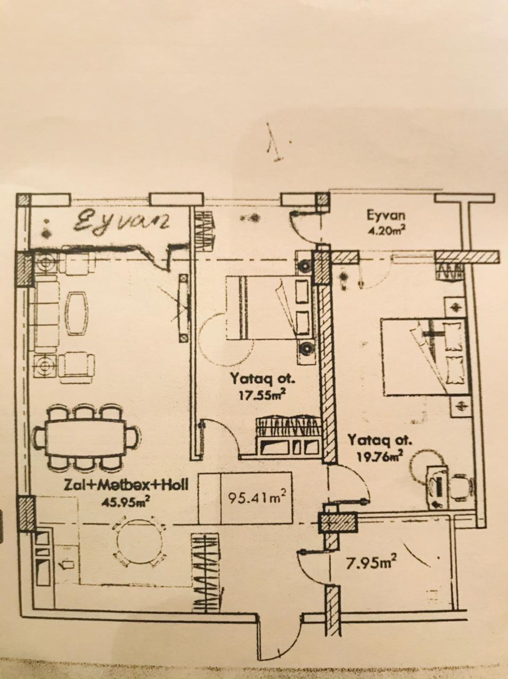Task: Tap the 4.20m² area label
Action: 386,230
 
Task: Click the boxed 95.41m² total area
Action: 257,498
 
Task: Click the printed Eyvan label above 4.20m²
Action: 386,215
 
